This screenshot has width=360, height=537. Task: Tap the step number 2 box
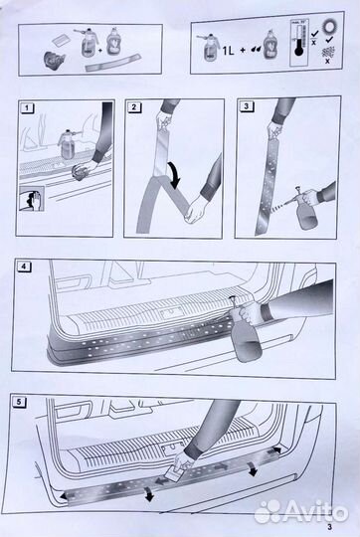[x=133, y=106]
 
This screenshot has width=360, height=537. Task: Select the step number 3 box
[x=244, y=106]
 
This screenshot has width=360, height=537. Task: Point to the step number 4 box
[x=25, y=267]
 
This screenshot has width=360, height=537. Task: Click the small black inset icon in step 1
[x=31, y=197]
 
